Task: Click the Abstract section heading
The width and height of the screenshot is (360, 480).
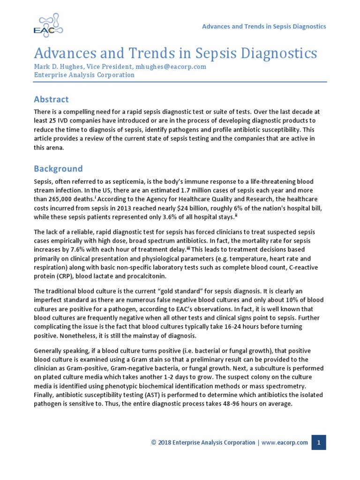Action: (x=52, y=99)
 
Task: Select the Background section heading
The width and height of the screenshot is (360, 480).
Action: (x=58, y=169)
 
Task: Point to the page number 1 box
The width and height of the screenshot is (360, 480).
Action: (x=319, y=442)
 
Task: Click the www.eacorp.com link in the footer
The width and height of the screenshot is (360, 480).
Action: (x=285, y=442)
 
